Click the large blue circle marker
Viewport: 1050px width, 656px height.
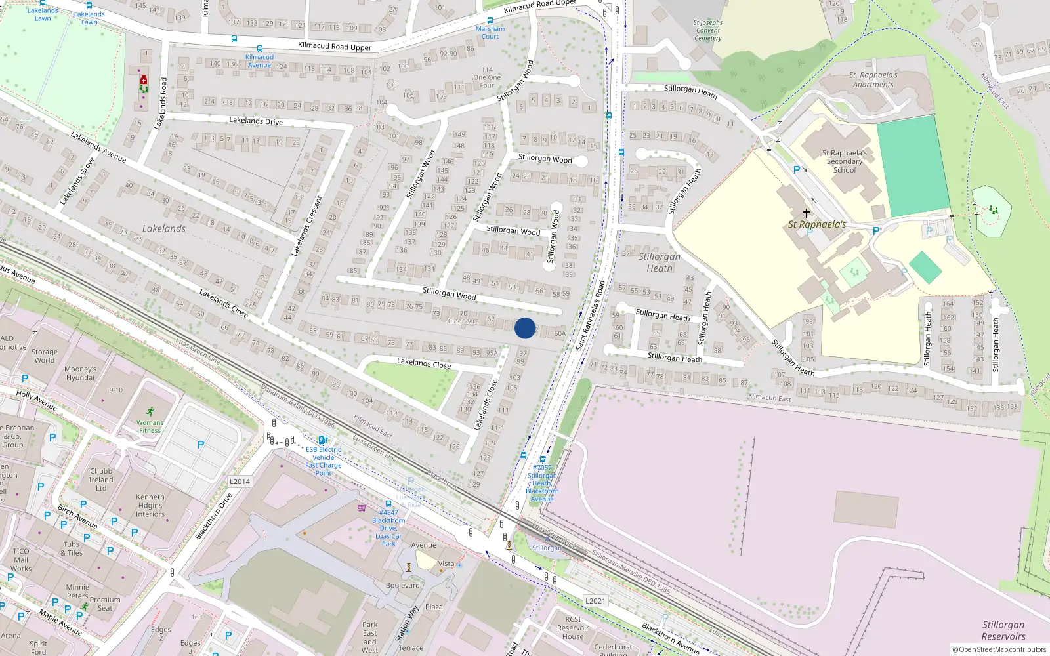pos(525,328)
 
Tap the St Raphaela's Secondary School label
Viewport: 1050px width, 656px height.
pos(845,161)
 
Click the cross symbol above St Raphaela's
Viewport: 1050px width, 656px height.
pos(807,213)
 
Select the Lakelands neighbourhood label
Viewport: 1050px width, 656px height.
pos(164,229)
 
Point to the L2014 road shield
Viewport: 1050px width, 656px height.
pos(240,482)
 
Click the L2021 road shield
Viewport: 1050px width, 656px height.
pos(595,601)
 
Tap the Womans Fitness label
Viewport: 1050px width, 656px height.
pos(150,426)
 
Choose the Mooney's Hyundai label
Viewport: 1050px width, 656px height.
pos(80,373)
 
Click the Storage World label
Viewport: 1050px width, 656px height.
pos(45,356)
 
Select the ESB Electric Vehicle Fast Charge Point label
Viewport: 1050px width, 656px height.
pos(324,461)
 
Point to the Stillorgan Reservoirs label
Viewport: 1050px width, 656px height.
pos(1003,630)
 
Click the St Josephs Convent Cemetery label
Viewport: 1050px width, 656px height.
pos(708,30)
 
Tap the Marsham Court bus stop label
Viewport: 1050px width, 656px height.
pos(490,32)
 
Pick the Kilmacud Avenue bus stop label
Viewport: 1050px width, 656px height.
pos(259,61)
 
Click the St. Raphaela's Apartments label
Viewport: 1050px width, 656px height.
pos(873,79)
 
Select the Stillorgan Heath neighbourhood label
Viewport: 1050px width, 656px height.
pos(660,262)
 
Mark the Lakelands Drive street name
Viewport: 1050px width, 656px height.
pos(256,121)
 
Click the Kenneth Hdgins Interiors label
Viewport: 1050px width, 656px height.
pos(150,506)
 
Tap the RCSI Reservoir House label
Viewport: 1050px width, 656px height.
pos(573,628)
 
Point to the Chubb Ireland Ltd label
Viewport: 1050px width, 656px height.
pos(101,480)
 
